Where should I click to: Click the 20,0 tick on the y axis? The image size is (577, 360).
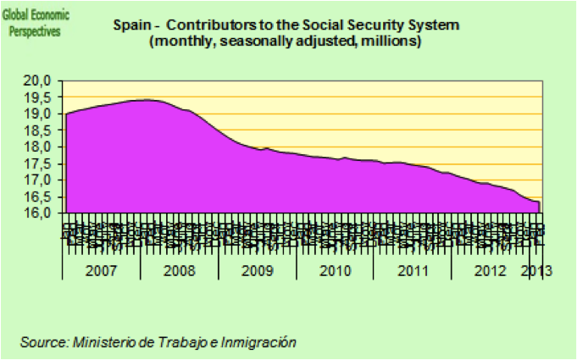coord(42,80)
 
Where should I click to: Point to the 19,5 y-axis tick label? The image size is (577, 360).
coord(42,97)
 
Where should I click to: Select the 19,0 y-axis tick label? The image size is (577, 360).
coord(42,114)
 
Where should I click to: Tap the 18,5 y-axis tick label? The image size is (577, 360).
coord(42,130)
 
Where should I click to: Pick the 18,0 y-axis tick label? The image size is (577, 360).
coord(42,147)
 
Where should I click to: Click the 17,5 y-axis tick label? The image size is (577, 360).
coord(42,163)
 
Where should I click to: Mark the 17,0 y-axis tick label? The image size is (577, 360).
coord(42,180)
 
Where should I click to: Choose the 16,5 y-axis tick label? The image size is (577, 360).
coord(42,197)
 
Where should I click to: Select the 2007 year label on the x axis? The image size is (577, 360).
coord(101,271)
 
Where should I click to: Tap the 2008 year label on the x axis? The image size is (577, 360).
coord(179,271)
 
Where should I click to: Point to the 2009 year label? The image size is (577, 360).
coord(257,271)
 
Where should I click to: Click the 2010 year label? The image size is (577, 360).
coord(335,271)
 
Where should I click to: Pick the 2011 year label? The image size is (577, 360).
coord(413,271)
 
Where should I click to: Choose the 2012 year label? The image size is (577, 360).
coord(491,271)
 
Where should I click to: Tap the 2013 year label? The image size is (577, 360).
coord(536,271)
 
